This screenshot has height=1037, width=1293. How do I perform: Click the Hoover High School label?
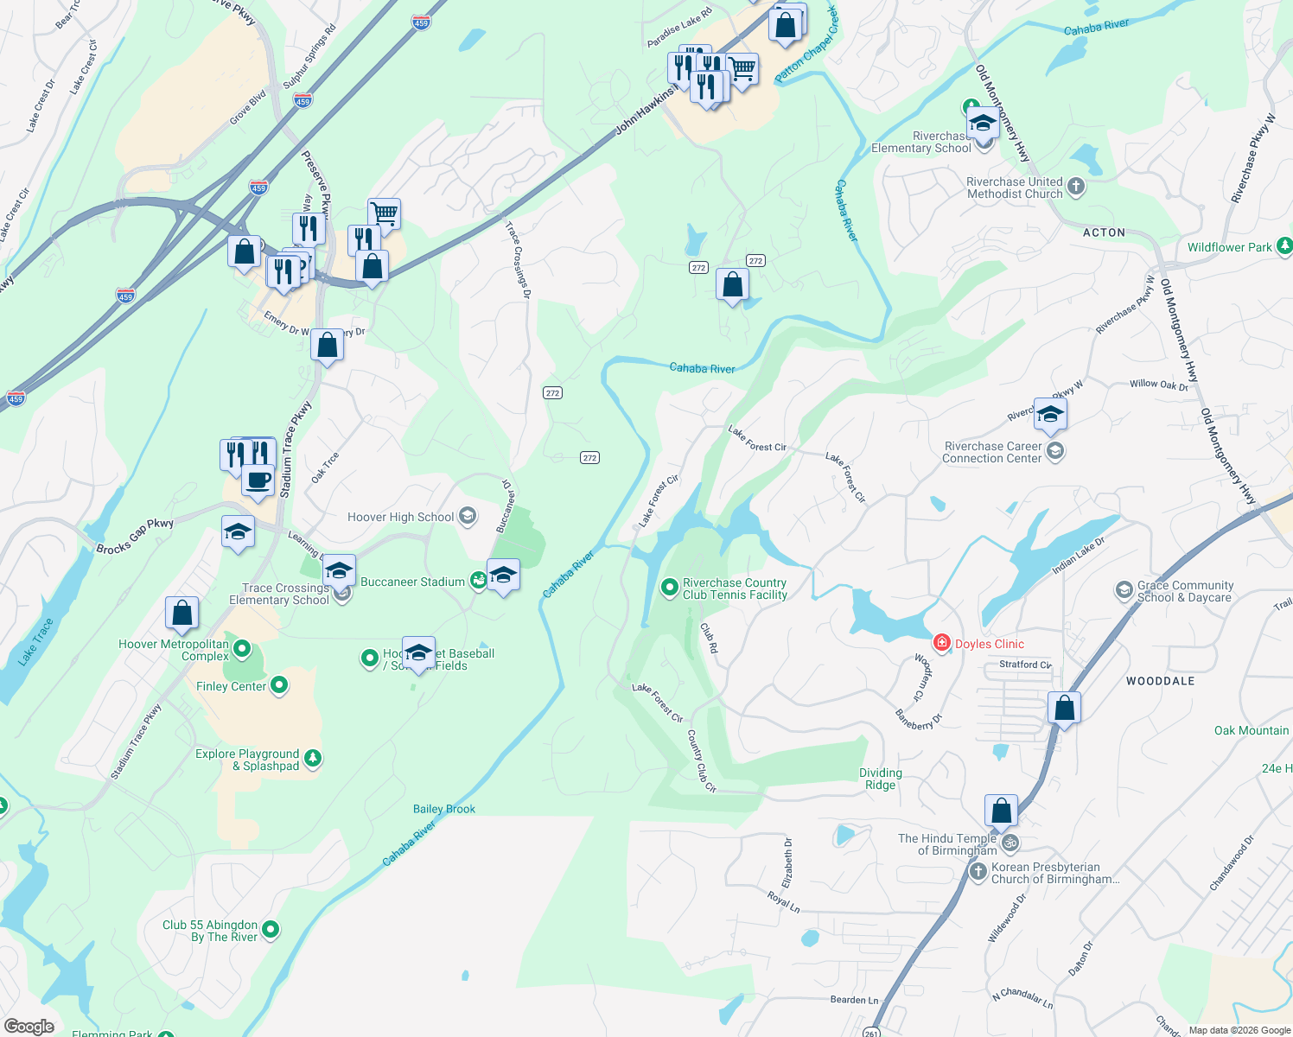(x=400, y=517)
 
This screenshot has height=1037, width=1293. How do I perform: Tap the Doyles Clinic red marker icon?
(x=941, y=643)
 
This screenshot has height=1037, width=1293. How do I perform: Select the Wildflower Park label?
(x=1229, y=247)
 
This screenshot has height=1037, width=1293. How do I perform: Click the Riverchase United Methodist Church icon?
(x=1075, y=187)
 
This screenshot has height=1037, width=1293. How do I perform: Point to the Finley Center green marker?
(x=279, y=686)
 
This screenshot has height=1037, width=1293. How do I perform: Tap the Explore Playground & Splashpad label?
(x=247, y=760)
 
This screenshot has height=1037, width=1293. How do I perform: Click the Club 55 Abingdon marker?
(x=271, y=930)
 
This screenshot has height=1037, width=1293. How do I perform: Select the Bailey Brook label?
(x=444, y=809)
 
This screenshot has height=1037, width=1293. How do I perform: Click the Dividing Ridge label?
(x=880, y=779)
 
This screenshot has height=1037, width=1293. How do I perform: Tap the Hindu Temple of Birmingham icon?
(x=1010, y=843)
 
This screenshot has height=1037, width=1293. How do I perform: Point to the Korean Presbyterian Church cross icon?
(x=978, y=871)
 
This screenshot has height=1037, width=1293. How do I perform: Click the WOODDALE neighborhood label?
(x=1160, y=681)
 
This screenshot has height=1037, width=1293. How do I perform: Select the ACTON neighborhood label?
(x=1104, y=232)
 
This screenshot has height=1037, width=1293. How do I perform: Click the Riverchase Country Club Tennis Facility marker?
(x=669, y=588)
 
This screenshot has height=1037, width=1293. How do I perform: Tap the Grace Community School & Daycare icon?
(x=1124, y=590)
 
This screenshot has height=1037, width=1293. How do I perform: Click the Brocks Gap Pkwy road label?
(x=135, y=536)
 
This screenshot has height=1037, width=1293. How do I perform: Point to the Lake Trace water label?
(x=36, y=641)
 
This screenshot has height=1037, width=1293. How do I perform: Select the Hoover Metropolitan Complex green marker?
(x=242, y=648)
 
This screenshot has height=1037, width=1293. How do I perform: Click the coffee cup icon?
(x=258, y=479)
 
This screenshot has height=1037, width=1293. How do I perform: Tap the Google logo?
(x=29, y=1026)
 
